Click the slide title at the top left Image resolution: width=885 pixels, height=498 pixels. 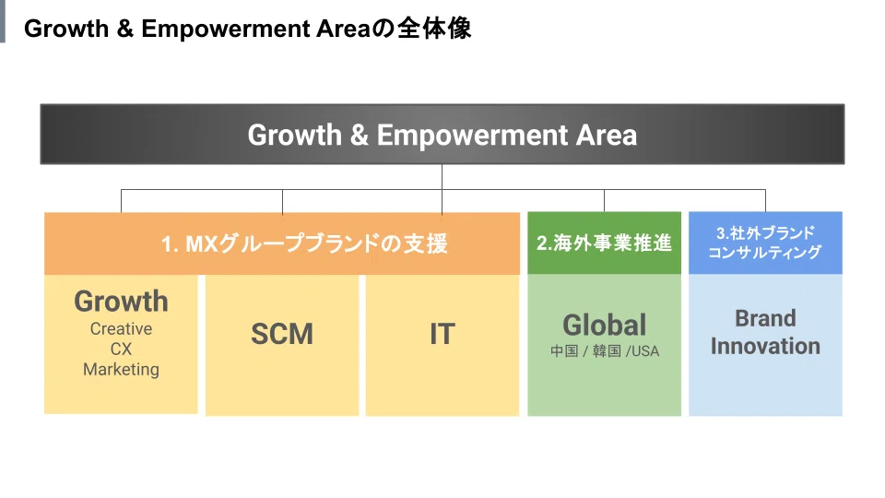coord(247,29)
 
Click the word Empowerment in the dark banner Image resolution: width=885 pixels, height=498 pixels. coord(472,136)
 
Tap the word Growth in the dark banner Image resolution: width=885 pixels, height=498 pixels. coord(295,136)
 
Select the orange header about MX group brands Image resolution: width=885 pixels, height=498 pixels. coord(282,243)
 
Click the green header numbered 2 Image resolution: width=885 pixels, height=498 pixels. coord(604,243)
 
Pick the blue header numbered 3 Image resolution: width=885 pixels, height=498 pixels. coord(765,243)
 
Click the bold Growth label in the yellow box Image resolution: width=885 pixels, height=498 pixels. coord(122,301)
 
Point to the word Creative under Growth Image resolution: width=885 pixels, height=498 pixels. coord(122,328)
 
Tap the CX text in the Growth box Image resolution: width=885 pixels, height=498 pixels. coord(122,349)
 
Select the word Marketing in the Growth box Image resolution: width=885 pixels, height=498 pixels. coord(122,369)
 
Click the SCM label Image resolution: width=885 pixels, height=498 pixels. coord(282,334)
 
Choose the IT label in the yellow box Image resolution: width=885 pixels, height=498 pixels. coord(442,334)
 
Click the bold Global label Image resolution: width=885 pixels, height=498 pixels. coord(605,326)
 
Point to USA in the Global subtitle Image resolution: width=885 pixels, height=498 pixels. coord(644,351)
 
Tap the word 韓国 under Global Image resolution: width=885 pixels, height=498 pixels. coord(607,351)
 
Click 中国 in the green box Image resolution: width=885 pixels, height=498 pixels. coord(564,351)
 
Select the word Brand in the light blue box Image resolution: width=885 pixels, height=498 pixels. coord(765,318)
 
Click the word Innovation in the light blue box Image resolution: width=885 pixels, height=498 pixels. coord(765,346)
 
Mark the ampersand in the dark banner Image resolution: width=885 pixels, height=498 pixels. coord(359,136)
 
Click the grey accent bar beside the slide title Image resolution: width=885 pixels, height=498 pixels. coord(2,21)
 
